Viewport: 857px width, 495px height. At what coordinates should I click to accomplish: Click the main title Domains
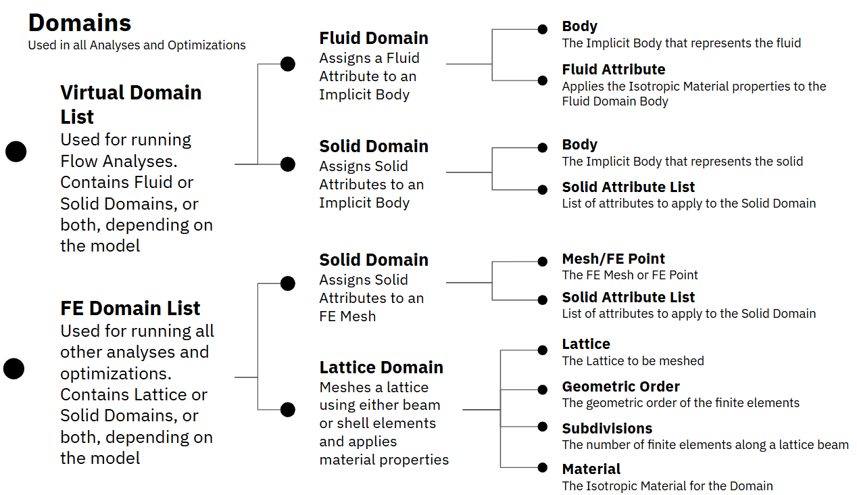[x=80, y=22]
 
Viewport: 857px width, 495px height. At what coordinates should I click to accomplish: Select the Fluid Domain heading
[x=374, y=38]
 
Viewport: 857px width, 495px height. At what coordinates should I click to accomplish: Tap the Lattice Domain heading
[x=381, y=367]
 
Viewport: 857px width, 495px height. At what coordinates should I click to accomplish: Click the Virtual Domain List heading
[x=131, y=105]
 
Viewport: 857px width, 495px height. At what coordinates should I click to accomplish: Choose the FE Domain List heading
[x=130, y=308]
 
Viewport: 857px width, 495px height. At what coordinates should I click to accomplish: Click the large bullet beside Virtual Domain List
[x=16, y=151]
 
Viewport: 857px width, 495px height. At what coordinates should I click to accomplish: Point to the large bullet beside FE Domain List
[x=14, y=369]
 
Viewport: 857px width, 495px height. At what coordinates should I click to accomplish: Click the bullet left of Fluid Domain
[x=288, y=64]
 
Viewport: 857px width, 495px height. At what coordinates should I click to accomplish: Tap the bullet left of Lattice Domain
[x=288, y=410]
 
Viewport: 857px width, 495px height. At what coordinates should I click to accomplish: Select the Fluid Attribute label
[x=614, y=69]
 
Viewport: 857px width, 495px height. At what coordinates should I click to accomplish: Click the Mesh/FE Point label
[x=613, y=259]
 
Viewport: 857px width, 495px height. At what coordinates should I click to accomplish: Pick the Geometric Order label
[x=621, y=387]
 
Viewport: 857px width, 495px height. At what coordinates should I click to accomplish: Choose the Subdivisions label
[x=607, y=428]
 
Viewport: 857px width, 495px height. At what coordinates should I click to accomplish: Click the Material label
[x=591, y=469]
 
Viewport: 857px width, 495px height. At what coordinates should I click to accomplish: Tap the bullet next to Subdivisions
[x=543, y=427]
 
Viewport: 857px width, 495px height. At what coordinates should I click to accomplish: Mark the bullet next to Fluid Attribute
[x=543, y=80]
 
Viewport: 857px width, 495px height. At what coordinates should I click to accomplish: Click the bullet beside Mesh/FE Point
[x=543, y=262]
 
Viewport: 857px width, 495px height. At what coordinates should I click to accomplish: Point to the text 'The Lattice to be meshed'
[x=633, y=360]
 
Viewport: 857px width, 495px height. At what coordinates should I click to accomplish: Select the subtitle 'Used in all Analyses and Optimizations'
[x=137, y=45]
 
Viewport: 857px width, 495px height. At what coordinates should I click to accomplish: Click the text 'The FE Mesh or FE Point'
[x=630, y=275]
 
